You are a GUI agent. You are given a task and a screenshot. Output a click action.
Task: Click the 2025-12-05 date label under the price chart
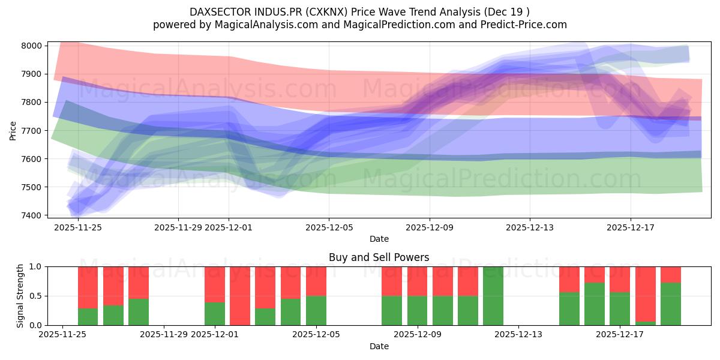point(329,228)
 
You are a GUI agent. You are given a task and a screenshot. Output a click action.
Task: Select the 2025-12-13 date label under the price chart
point(530,228)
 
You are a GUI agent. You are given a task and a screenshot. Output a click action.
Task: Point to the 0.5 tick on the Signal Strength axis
point(35,296)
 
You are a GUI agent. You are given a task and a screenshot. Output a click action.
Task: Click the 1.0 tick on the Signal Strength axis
point(35,266)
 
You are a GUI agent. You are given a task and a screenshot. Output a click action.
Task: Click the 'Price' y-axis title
point(13,130)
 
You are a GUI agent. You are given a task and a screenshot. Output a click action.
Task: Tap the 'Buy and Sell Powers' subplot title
point(379,257)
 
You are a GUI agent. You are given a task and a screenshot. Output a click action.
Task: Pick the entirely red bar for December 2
point(240,296)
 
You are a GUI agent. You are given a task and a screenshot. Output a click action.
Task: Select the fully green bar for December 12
point(493,296)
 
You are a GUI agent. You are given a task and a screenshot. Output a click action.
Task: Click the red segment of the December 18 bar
point(646,293)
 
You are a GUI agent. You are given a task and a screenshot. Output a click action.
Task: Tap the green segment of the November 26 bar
point(88,317)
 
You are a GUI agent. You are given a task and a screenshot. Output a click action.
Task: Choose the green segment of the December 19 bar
point(671,304)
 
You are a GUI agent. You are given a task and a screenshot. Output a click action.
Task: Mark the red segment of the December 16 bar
point(595,274)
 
